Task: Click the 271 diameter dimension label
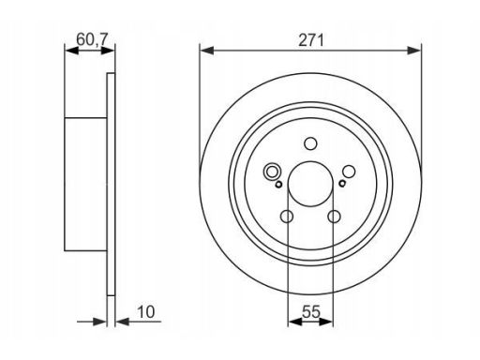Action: coord(310,40)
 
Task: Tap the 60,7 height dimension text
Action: coord(92,39)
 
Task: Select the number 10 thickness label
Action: coord(145,312)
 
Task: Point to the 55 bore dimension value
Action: coord(311,312)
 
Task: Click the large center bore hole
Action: coord(310,184)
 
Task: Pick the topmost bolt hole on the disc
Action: coord(310,143)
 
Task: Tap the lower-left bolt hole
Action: coord(287,217)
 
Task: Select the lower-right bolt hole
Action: coord(334,217)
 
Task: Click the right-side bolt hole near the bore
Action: coord(349,172)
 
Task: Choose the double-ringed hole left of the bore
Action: coord(272,172)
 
